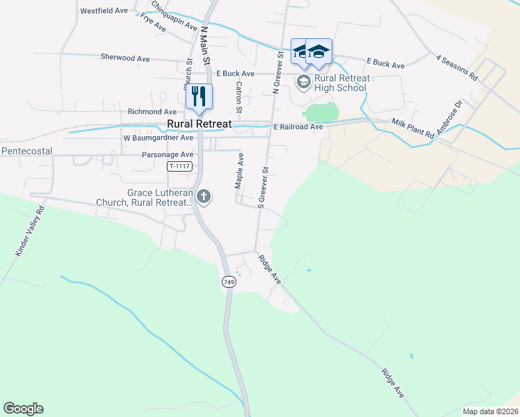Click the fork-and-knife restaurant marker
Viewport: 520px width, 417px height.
click(200, 96)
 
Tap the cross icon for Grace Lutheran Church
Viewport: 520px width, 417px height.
click(204, 197)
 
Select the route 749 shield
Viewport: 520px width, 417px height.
click(229, 281)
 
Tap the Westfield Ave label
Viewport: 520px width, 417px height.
click(104, 11)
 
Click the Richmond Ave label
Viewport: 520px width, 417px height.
click(152, 111)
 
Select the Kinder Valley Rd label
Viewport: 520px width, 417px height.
click(29, 231)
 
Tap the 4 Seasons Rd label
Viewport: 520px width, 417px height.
click(457, 67)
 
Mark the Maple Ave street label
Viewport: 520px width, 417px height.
click(239, 171)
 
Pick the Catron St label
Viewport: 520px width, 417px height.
click(238, 97)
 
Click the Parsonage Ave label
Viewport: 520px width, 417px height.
click(168, 155)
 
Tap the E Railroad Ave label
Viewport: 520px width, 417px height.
click(298, 127)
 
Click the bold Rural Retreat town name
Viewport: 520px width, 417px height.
click(200, 124)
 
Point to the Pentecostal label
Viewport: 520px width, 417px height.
click(28, 150)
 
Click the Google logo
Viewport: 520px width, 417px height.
click(23, 409)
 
